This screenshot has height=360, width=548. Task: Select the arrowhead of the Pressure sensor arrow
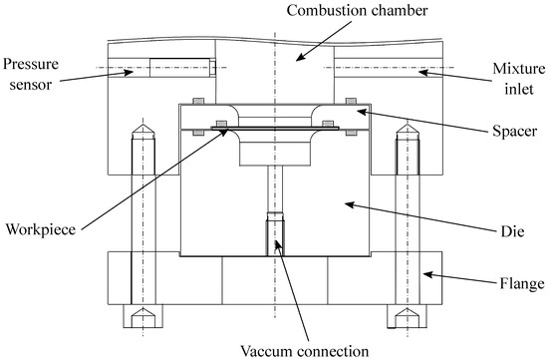pyautogui.click(x=124, y=70)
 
